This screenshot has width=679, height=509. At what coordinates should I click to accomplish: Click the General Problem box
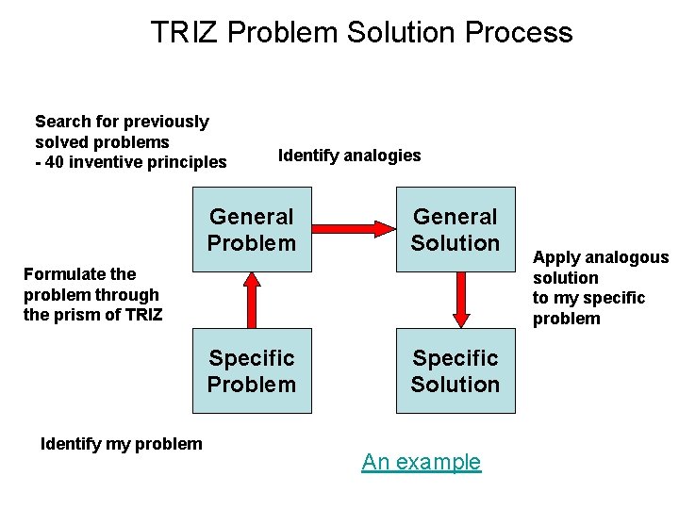252,230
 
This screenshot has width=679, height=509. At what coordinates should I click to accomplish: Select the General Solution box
455,230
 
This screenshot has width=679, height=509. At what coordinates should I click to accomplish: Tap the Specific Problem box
252,371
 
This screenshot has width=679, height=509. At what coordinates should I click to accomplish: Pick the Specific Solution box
455,371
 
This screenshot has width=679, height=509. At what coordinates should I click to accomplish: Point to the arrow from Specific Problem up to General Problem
252,300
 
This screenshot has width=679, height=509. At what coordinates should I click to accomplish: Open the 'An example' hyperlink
421,462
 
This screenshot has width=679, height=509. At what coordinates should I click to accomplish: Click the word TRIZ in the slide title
185,33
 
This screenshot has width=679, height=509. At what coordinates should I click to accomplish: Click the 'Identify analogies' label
349,156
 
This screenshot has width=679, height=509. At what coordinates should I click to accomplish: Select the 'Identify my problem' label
122,444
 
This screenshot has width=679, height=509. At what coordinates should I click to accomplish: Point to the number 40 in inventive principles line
55,162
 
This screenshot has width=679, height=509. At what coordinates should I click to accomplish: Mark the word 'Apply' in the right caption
555,258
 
